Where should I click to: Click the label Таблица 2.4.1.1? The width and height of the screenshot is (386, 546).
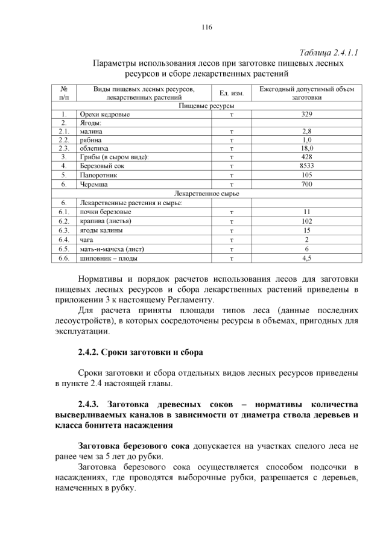329,52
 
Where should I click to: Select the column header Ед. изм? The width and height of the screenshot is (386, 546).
231,93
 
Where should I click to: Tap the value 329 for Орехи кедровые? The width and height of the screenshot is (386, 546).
306,114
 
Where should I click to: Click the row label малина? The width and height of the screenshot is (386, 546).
91,131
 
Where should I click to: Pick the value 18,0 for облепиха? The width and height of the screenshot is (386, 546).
306,148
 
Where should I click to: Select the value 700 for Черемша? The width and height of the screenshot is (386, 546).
306,185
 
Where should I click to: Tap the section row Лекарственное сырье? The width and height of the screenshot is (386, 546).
207,194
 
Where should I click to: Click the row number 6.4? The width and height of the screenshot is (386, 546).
63,240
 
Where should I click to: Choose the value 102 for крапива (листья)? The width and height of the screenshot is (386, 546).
306,221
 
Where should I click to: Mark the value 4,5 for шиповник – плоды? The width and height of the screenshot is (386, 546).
306,258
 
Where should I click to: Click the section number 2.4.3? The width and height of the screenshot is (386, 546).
92,403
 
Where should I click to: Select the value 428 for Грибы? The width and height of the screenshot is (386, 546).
306,157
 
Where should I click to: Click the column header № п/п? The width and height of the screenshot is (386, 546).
63,93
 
